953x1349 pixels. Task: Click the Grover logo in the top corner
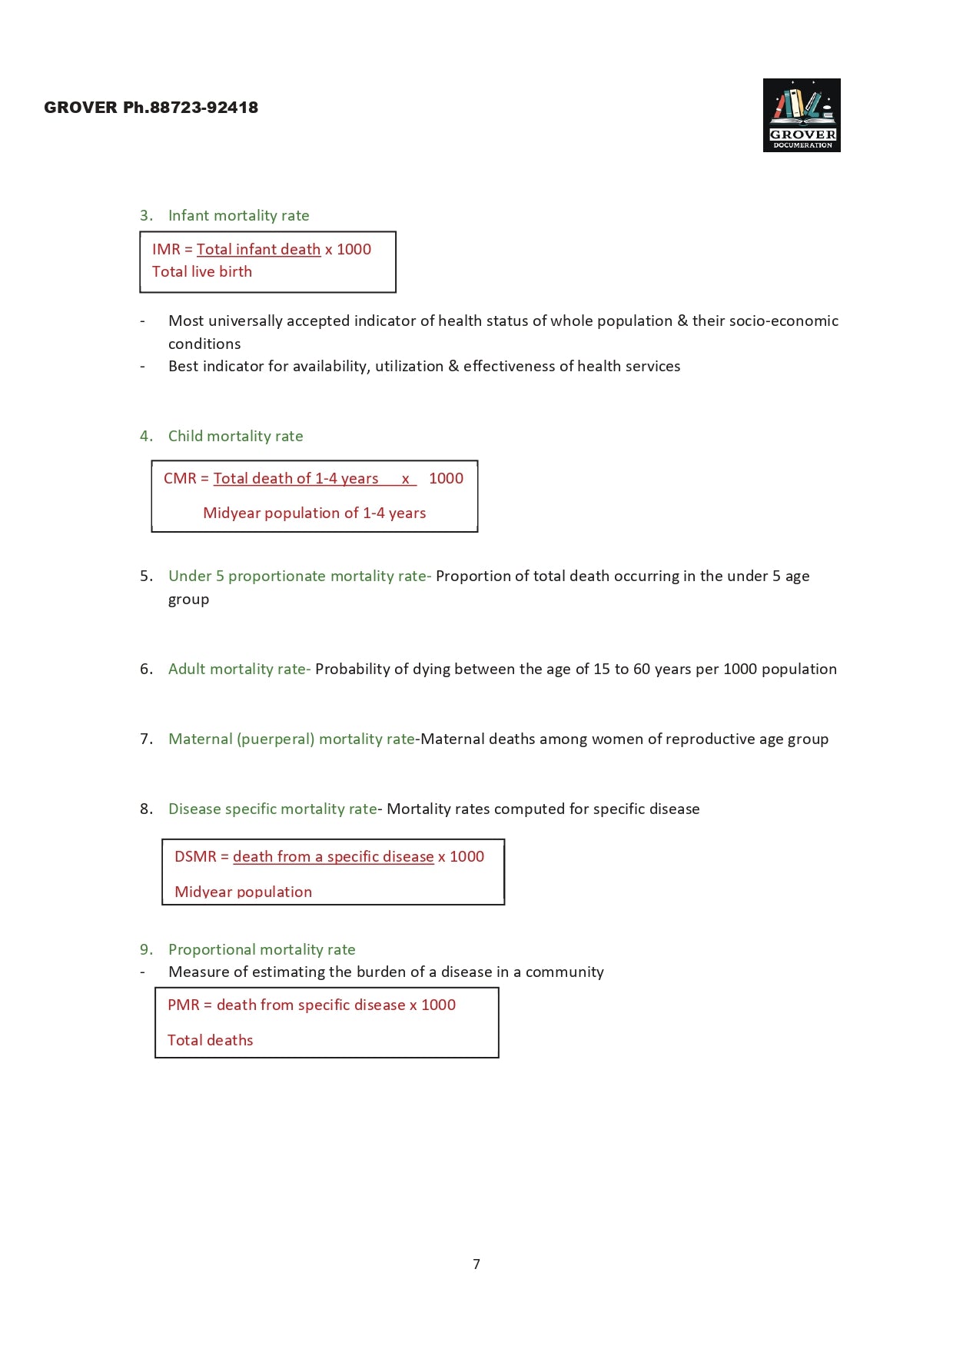pos(802,115)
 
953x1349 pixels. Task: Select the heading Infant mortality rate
pos(238,216)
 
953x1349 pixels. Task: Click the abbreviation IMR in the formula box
pos(166,250)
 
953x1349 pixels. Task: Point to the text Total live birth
pos(202,272)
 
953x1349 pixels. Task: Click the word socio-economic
pos(783,321)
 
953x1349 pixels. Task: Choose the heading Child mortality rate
pos(235,437)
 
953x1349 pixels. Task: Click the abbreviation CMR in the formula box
pos(180,479)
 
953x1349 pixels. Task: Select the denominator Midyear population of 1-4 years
pos(314,513)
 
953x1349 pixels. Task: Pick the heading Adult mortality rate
pos(237,670)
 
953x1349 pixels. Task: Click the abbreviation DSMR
pos(195,857)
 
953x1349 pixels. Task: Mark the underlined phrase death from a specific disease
pos(333,857)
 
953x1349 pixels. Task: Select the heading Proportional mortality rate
pos(261,950)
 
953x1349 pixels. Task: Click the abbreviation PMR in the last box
pos(184,1005)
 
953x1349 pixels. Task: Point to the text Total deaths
pos(211,1041)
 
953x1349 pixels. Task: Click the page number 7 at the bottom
pos(476,1264)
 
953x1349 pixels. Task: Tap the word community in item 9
pos(564,972)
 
